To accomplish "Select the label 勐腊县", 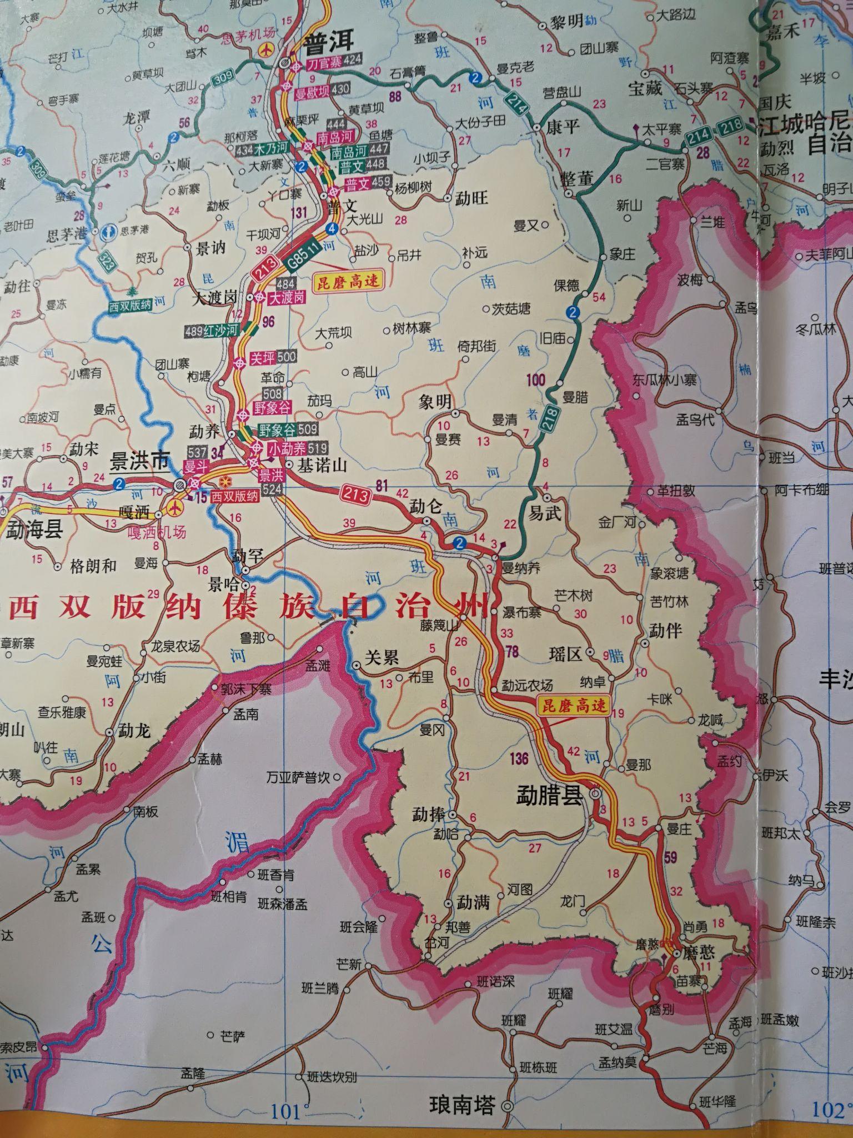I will click(x=549, y=796).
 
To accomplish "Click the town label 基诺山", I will click(x=323, y=466).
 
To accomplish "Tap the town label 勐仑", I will click(x=425, y=506).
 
